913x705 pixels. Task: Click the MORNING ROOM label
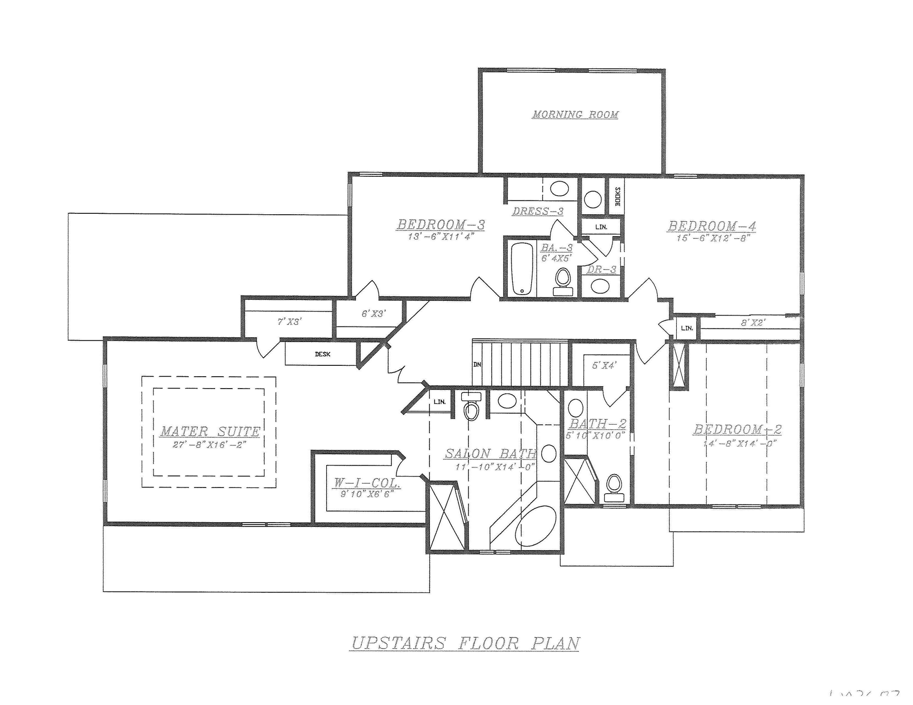click(x=575, y=114)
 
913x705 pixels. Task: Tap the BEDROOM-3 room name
click(x=441, y=225)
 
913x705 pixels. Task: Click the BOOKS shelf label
click(x=618, y=196)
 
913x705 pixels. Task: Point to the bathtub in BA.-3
click(x=521, y=268)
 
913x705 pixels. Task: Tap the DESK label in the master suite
click(x=322, y=354)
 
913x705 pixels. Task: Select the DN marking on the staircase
click(x=477, y=365)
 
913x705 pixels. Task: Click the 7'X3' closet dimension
click(x=290, y=322)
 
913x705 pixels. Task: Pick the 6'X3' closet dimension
click(x=373, y=314)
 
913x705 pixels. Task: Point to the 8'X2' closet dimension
click(x=753, y=323)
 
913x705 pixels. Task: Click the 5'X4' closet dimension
click(x=604, y=366)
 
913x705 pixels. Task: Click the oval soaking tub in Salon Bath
click(x=536, y=528)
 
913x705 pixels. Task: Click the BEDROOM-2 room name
click(x=737, y=429)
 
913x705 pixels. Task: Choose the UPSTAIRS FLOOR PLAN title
click(x=465, y=643)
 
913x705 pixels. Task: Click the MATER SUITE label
click(x=210, y=431)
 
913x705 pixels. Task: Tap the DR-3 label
click(x=602, y=270)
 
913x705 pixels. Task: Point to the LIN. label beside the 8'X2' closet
click(x=687, y=328)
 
